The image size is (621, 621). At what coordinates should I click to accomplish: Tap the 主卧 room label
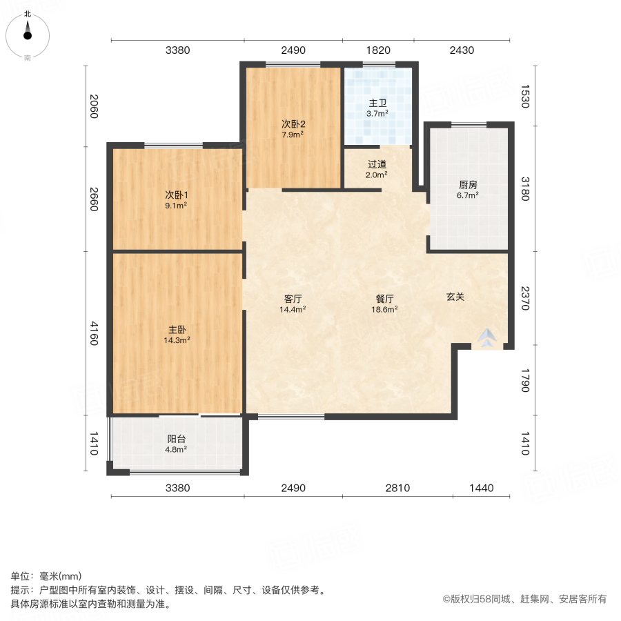click(177, 330)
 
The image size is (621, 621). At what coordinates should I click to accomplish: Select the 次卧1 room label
click(177, 195)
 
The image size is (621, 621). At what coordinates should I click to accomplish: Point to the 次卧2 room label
click(293, 124)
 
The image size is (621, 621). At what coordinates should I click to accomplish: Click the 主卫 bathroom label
click(377, 103)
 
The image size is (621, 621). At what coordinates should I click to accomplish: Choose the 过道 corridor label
click(377, 164)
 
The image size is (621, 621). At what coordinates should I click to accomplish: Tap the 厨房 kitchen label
click(469, 185)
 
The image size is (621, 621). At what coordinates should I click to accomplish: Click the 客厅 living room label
click(293, 299)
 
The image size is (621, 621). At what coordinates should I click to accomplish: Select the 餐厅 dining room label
click(385, 299)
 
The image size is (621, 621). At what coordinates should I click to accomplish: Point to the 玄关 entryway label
click(455, 297)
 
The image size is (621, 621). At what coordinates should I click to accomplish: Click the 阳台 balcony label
click(177, 439)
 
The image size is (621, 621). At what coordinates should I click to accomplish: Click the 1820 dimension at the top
click(378, 50)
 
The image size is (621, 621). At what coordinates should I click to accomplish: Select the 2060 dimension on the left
click(95, 107)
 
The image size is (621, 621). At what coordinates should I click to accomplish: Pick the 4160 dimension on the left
click(95, 333)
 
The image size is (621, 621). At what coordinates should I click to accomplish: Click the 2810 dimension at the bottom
click(397, 488)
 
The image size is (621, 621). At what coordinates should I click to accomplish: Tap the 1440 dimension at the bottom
click(482, 488)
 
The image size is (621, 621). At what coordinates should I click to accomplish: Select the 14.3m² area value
click(177, 339)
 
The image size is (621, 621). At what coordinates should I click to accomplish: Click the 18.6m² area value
click(385, 309)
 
